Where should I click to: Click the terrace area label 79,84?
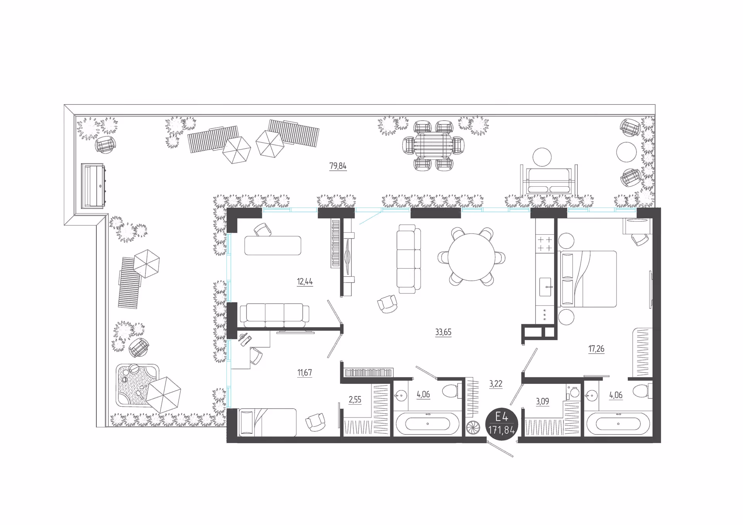tap(338, 166)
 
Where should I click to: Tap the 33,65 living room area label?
tap(443, 332)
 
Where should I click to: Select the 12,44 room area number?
tap(305, 281)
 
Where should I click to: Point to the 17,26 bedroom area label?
tap(596, 349)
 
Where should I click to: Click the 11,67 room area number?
tap(305, 373)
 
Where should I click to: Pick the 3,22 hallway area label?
tap(496, 384)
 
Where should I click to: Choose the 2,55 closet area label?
tap(355, 400)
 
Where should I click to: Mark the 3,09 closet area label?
tap(542, 402)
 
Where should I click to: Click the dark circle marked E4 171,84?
tap(502, 424)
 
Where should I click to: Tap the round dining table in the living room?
tap(471, 257)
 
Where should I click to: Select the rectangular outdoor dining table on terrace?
tap(433, 145)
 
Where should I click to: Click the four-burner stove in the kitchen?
tap(545, 244)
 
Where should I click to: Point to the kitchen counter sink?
tap(545, 287)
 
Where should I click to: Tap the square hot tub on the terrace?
tap(137, 385)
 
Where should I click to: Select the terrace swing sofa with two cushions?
tap(549, 181)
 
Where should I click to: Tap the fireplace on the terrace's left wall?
tap(92, 186)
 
